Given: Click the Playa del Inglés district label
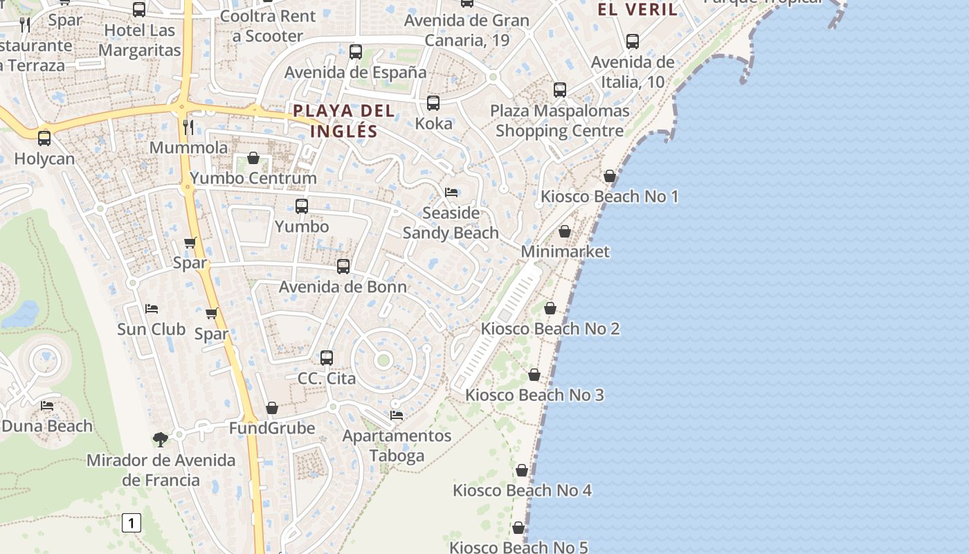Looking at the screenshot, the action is click(x=344, y=120).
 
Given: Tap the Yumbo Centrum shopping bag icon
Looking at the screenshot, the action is click(x=253, y=158).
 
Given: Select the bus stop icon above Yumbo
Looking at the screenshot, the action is click(x=302, y=206).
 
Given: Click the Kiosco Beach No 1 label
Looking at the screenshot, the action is click(x=609, y=197).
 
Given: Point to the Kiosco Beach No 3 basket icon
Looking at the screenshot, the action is click(x=534, y=375).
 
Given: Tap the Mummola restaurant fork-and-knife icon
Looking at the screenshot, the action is click(x=188, y=127).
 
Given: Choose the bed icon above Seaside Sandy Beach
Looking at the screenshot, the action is click(x=451, y=192).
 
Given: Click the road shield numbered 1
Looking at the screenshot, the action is click(x=131, y=523).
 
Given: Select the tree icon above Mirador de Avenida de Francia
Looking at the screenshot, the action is click(x=161, y=439).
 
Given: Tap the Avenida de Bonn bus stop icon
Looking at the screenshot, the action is click(x=343, y=266).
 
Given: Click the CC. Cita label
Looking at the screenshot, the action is click(x=327, y=379).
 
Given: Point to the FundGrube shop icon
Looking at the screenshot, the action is click(x=272, y=408).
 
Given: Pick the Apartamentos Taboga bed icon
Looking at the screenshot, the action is click(x=397, y=415).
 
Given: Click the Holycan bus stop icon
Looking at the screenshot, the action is click(x=44, y=138).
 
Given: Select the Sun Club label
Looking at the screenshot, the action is click(x=151, y=329).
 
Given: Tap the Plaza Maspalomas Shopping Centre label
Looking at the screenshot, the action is click(x=560, y=120).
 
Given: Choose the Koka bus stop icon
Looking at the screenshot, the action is click(x=433, y=103).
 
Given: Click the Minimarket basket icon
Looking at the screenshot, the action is click(x=565, y=231).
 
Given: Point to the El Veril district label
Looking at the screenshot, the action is click(x=637, y=9).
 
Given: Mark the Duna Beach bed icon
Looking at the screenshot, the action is click(x=47, y=405).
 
